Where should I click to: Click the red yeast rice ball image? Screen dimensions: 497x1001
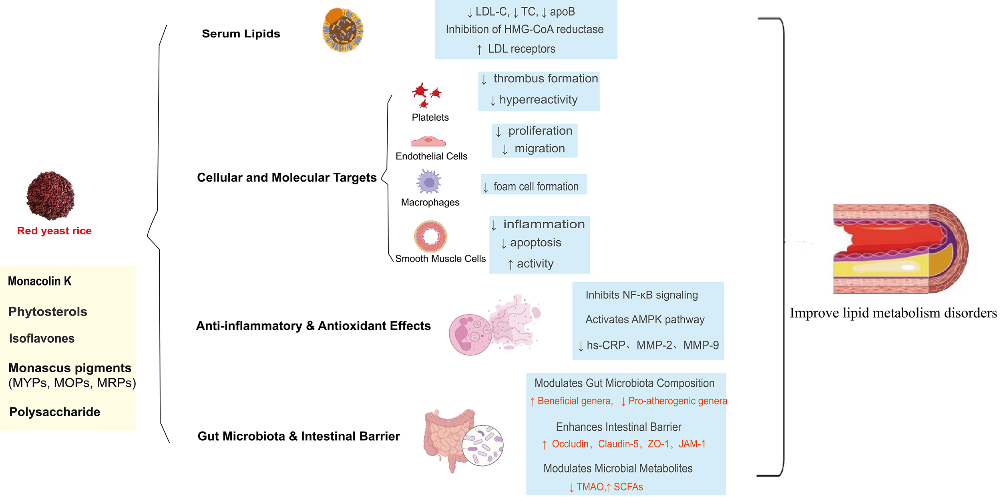click(x=50, y=196)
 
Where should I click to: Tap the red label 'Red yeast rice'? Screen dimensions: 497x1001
click(x=54, y=231)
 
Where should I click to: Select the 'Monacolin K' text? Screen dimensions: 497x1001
click(x=40, y=281)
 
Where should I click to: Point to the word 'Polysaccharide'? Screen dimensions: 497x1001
click(x=55, y=412)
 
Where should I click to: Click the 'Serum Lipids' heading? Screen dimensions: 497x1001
click(x=241, y=34)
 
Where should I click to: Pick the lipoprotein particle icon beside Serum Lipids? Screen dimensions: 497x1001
click(x=343, y=30)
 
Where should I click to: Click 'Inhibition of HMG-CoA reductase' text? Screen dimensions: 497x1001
click(x=525, y=29)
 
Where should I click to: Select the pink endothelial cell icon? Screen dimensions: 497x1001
click(x=428, y=142)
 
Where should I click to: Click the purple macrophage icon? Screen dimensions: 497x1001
click(x=429, y=182)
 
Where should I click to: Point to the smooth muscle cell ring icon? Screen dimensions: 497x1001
click(x=430, y=236)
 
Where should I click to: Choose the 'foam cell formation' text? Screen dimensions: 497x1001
click(x=536, y=186)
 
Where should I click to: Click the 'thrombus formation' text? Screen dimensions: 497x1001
click(x=545, y=78)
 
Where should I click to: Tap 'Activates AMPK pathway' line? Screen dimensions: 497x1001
click(x=645, y=319)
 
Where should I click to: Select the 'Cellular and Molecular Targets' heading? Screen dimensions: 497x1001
click(x=287, y=178)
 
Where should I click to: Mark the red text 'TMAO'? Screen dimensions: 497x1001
click(x=590, y=487)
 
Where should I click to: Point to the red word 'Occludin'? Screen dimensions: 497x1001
click(x=570, y=444)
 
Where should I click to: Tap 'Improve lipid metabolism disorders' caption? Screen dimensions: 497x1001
click(x=893, y=313)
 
